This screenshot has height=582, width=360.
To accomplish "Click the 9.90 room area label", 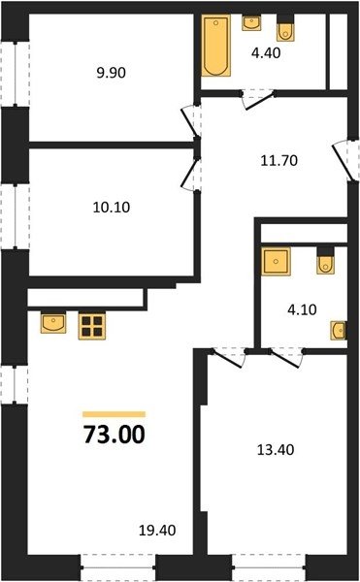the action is point(112,73).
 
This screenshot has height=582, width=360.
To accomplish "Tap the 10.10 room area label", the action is point(112,208).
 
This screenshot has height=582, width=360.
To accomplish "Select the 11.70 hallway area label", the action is point(279,161).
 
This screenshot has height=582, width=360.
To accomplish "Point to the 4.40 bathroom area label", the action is point(266,53).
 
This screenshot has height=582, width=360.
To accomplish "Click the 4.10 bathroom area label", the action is point(302,309).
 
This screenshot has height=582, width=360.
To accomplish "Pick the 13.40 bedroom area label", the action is point(276,450).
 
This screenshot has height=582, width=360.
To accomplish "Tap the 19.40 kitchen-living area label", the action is point(157,531).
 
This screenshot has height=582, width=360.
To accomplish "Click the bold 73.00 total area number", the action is point(114,435).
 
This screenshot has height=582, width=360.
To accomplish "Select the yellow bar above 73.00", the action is point(114,414).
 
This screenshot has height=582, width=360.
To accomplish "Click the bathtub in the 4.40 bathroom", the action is point(216,46).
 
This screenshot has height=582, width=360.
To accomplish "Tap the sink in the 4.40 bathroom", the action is point(251,22).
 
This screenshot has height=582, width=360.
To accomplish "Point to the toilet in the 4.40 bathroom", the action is point(285,28).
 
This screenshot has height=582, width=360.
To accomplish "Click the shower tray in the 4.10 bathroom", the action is point(276,262).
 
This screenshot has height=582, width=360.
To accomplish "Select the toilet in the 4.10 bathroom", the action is point(325,261).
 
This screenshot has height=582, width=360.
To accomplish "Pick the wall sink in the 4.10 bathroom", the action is point(339,331).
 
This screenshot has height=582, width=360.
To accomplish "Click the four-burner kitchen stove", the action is point(92,326).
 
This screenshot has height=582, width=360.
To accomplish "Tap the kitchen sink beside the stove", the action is point(53,323).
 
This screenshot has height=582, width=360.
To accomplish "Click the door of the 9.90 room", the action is point(191,121).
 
